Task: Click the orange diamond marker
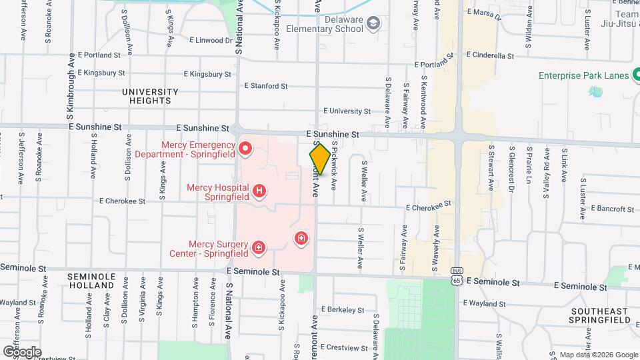pyautogui.click(x=320, y=159)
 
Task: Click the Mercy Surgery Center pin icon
pyautogui.click(x=258, y=249)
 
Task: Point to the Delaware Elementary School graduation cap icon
pyautogui.click(x=373, y=24)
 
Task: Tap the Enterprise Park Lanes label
pyautogui.click(x=584, y=75)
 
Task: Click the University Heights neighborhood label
pyautogui.click(x=150, y=96)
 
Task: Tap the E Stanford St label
pyautogui.click(x=265, y=86)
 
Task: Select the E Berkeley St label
pyautogui.click(x=345, y=309)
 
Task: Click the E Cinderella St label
pyautogui.click(x=490, y=55)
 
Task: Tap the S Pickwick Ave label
pyautogui.click(x=335, y=164)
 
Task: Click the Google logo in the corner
pyautogui.click(x=22, y=351)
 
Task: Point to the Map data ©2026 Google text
pyautogui.click(x=598, y=355)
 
